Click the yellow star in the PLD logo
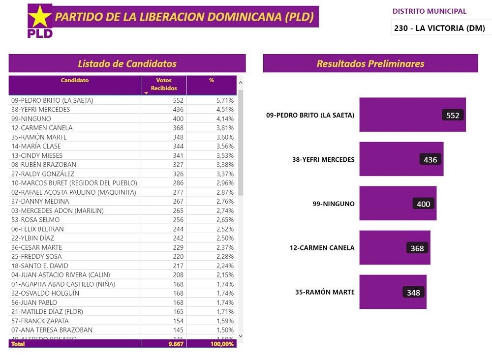pyautogui.click(x=40, y=17)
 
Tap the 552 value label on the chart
pyautogui.click(x=453, y=115)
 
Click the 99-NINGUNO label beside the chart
pyautogui.click(x=334, y=204)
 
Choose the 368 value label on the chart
pyautogui.click(x=417, y=248)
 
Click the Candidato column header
pyautogui.click(x=75, y=80)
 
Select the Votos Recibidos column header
pyautogui.click(x=164, y=84)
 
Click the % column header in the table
pyautogui.click(x=212, y=80)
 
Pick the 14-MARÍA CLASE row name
pyautogui.click(x=36, y=146)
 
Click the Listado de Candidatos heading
pyautogui.click(x=127, y=63)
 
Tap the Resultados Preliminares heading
pyautogui.click(x=370, y=63)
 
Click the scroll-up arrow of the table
pyautogui.click(x=241, y=82)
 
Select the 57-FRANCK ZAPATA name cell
pyautogui.click(x=40, y=321)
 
